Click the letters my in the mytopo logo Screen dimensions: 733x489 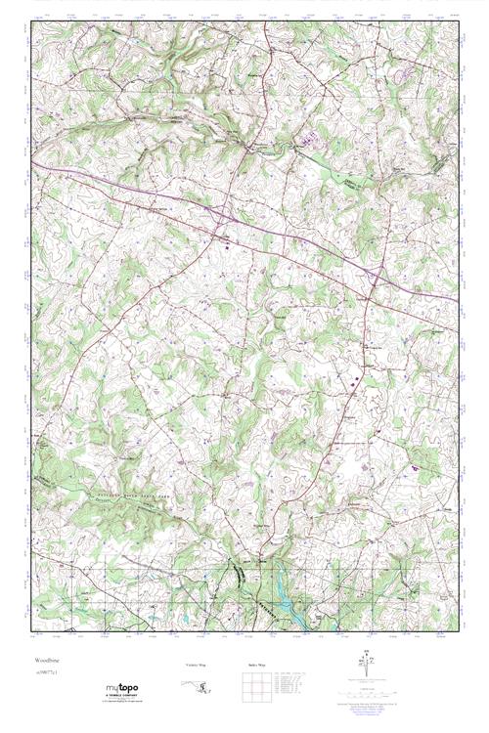tap(114, 688)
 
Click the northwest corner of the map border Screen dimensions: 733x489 tap(31, 22)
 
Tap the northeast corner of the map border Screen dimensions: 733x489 tap(457, 22)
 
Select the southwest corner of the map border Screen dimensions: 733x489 tap(31, 632)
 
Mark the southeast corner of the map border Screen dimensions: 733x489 tap(457, 632)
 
